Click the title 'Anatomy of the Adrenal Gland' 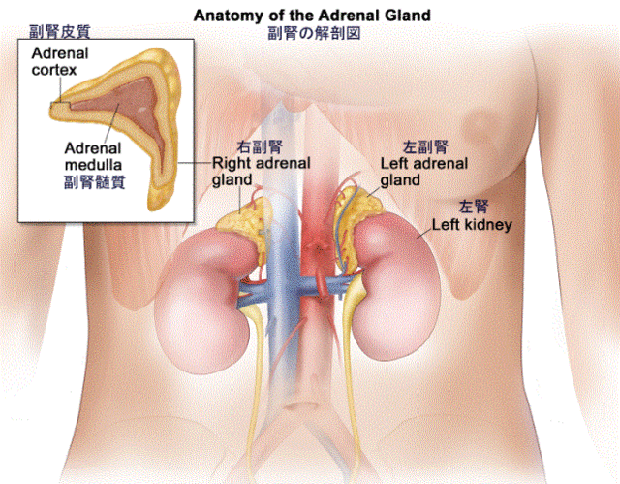312,16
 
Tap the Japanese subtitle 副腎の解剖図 314,33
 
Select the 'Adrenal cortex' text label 59,61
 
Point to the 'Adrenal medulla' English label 93,156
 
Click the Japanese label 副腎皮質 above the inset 60,32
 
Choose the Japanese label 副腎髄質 95,182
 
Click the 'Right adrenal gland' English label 262,172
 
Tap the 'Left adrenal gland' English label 424,172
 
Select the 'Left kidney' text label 472,225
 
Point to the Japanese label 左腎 474,207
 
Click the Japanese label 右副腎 260,146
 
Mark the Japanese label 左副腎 425,147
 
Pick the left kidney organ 395,289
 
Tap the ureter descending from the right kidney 257,376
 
